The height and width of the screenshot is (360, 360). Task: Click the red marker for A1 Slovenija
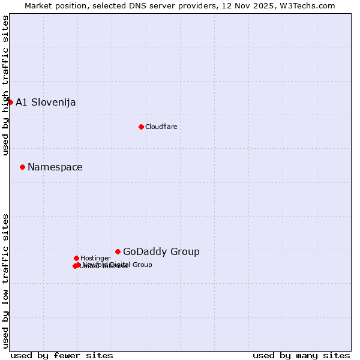pyautogui.click(x=10, y=102)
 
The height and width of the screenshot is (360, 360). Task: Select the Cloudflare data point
pyautogui.click(x=141, y=127)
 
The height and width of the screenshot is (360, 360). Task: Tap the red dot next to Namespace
pyautogui.click(x=22, y=167)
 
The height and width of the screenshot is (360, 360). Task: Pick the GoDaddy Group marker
pyautogui.click(x=118, y=251)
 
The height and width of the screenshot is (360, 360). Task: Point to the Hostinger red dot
pyautogui.click(x=76, y=258)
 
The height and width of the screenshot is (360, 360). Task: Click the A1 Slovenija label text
pyautogui.click(x=46, y=102)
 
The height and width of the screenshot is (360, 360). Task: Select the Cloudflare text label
pyautogui.click(x=161, y=127)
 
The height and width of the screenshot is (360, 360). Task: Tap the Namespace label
pyautogui.click(x=55, y=167)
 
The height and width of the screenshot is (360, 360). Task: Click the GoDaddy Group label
pyautogui.click(x=161, y=251)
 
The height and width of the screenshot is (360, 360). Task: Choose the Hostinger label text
pyautogui.click(x=95, y=258)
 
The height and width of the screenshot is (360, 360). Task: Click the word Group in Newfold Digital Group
pyautogui.click(x=142, y=265)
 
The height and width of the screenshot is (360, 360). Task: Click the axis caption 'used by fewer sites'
pyautogui.click(x=62, y=355)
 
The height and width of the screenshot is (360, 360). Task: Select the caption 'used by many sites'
pyautogui.click(x=301, y=355)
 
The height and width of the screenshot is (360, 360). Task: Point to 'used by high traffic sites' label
pyautogui.click(x=5, y=85)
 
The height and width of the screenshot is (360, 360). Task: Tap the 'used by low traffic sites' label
pyautogui.click(x=5, y=280)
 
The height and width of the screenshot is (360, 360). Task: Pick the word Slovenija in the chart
pyautogui.click(x=53, y=102)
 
